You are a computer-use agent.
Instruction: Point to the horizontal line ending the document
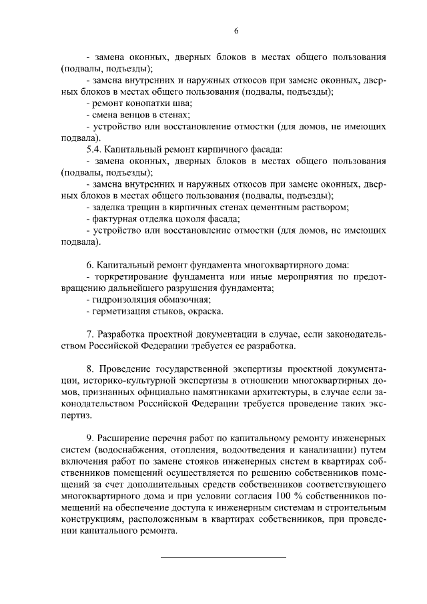point(224,556)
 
